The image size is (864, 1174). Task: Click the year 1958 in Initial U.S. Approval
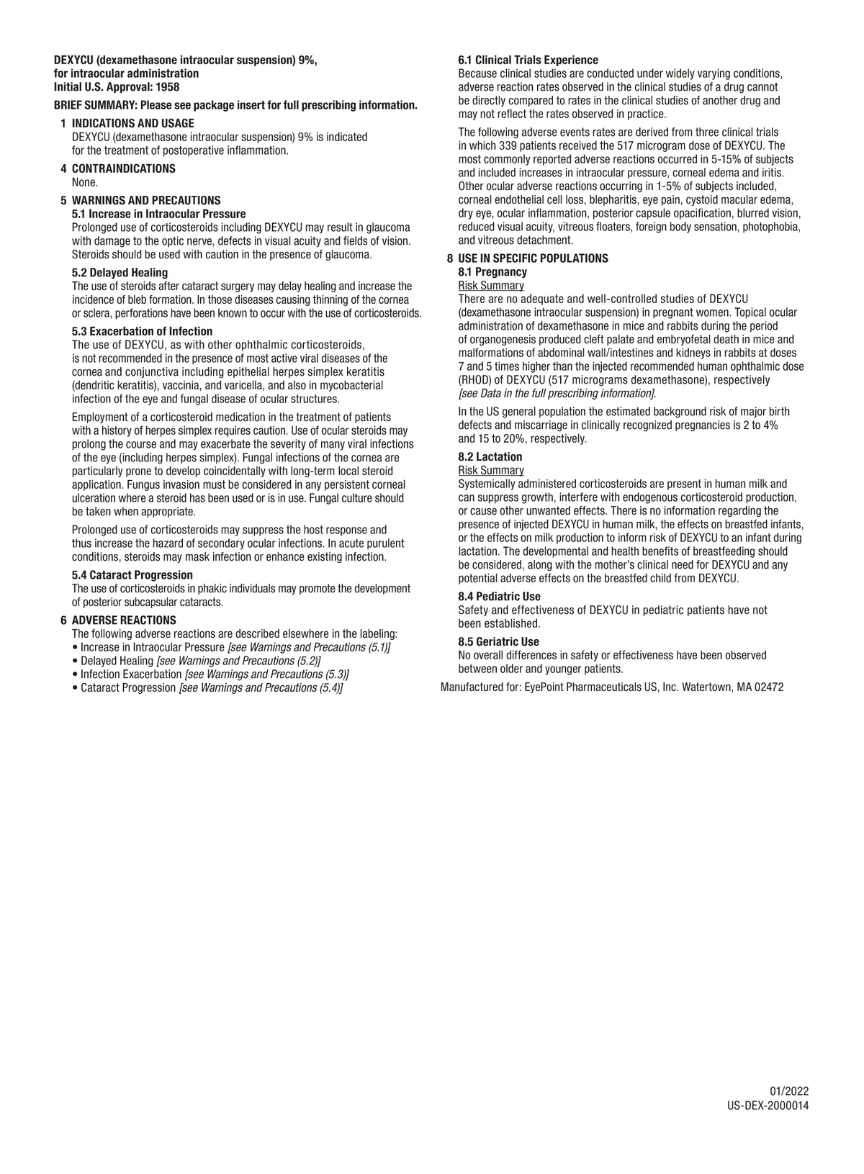[167, 87]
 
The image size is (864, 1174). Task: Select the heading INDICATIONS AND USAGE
[132, 124]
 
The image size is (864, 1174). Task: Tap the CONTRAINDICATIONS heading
[123, 169]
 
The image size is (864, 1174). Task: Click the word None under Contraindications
[84, 183]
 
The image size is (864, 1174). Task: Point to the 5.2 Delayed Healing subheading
[120, 273]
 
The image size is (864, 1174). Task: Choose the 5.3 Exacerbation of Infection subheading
[142, 332]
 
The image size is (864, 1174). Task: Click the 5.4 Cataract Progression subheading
[132, 575]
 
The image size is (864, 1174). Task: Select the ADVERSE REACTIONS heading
[123, 620]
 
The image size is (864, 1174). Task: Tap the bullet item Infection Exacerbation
[131, 674]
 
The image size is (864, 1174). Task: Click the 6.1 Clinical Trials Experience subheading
[528, 60]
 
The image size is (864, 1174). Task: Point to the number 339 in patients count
[508, 146]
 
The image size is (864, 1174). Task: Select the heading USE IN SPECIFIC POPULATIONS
[533, 258]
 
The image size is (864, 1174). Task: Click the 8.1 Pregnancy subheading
[492, 272]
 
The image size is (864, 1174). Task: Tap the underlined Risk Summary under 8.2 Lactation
[491, 471]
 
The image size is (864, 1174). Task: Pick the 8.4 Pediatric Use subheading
[499, 597]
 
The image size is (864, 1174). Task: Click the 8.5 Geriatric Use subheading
[498, 642]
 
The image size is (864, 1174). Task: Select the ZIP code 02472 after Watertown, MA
[769, 687]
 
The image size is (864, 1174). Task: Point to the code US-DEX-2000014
[768, 1106]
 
